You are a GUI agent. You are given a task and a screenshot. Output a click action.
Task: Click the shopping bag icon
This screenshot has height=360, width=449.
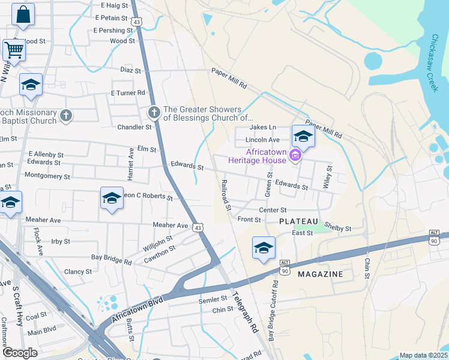23,15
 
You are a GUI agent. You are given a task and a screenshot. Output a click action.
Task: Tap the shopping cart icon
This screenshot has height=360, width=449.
14,50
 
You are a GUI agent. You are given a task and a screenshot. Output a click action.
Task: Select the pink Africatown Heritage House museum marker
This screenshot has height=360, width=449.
294,156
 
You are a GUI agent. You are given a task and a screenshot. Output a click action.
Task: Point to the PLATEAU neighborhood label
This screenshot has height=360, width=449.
298,221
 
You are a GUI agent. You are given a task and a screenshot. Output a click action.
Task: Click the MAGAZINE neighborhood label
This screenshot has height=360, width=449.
321,274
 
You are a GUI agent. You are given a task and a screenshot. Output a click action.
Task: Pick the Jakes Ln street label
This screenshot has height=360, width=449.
263,127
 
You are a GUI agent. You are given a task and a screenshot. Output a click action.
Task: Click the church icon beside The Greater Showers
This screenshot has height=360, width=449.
154,112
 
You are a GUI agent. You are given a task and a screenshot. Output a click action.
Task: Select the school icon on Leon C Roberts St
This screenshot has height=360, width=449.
112,198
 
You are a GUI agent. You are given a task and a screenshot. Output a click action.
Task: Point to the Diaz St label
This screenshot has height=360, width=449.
130,70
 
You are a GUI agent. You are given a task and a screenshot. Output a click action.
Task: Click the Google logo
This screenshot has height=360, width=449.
20,352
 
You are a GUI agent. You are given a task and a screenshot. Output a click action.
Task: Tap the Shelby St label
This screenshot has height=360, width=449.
339,229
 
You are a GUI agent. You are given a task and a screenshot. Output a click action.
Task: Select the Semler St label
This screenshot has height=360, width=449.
214,298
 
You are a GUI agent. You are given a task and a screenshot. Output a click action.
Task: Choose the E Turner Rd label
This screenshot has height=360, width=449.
128,93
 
